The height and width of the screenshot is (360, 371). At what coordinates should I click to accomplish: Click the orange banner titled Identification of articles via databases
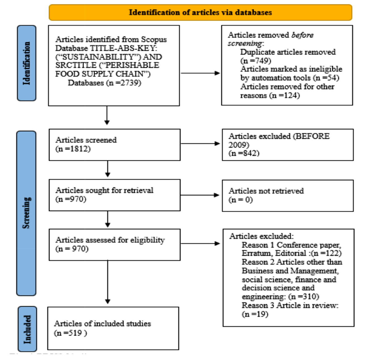coord(200,13)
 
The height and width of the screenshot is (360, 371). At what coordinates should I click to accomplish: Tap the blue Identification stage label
coord(27,63)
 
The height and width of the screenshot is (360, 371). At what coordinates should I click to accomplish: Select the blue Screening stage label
coord(26,213)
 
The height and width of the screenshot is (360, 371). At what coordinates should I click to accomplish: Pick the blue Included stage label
coord(27,329)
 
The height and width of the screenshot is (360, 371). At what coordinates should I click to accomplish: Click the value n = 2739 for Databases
coord(124,83)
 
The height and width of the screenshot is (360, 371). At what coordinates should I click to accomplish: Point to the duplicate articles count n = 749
coord(256,61)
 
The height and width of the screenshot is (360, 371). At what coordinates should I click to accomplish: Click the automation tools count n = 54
coord(326,78)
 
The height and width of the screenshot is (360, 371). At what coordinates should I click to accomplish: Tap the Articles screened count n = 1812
coord(73,149)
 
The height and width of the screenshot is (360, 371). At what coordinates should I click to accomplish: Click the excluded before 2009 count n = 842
coord(244,153)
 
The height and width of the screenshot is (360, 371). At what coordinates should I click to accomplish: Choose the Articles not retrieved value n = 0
coord(241,200)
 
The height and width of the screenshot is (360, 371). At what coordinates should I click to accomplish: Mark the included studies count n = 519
coord(70,333)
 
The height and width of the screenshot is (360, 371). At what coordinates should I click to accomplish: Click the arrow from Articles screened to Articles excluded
coord(200,143)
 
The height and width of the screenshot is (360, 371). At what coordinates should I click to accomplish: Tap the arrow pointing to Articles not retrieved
coord(200,195)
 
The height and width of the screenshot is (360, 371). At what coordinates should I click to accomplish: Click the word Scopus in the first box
coord(154,40)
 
